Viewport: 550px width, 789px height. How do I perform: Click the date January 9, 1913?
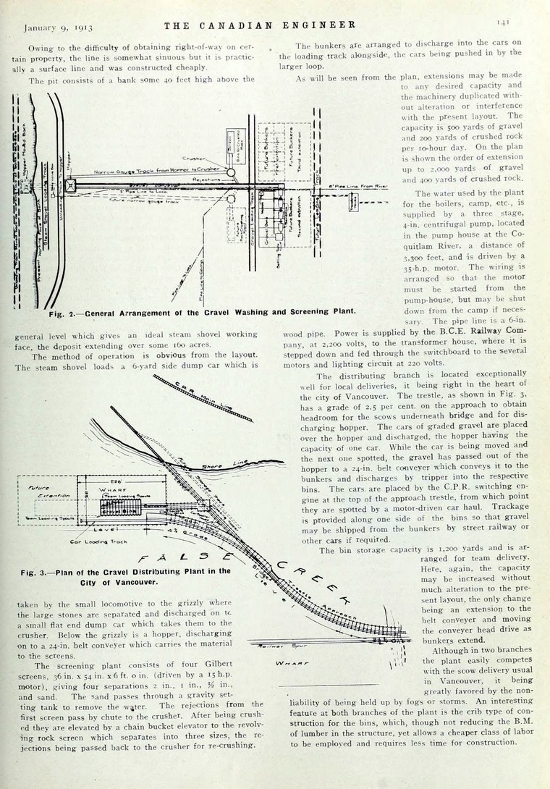[x=58, y=28]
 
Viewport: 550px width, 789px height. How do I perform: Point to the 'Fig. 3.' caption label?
[x=35, y=571]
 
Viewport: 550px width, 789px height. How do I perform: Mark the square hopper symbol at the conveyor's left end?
[x=70, y=185]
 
